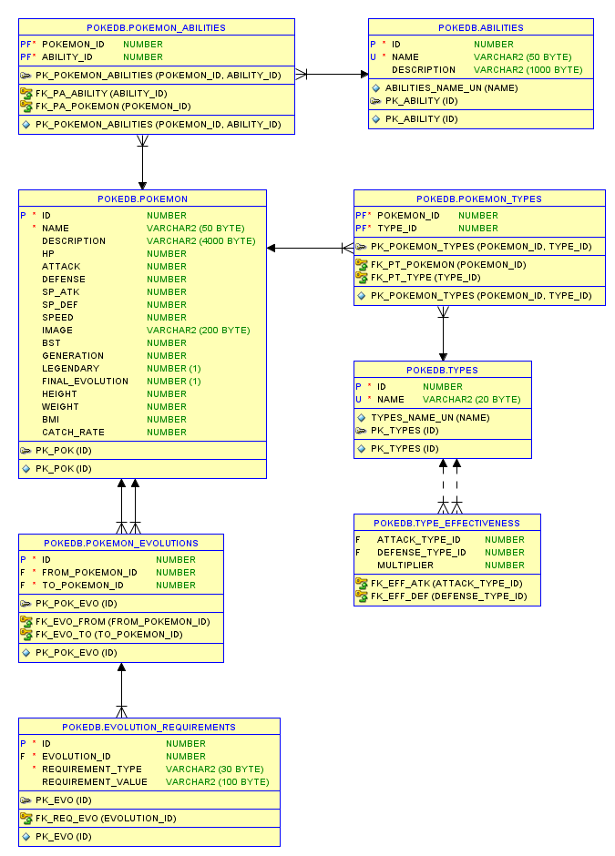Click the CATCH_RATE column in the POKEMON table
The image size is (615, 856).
click(x=73, y=433)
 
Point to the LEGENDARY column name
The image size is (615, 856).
click(x=70, y=369)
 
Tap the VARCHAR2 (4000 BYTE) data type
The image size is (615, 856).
click(x=200, y=241)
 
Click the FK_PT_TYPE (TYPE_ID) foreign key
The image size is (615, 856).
click(x=425, y=278)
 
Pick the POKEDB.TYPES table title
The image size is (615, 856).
click(x=442, y=371)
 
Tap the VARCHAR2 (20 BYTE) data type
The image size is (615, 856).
click(x=471, y=400)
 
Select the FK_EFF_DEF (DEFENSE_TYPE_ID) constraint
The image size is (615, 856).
click(x=448, y=596)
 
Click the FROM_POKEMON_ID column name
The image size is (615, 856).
click(x=89, y=573)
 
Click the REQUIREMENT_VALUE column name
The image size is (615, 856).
click(x=94, y=782)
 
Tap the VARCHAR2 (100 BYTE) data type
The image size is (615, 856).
click(x=217, y=782)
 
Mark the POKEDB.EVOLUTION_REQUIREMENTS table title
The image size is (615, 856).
click(x=149, y=728)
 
